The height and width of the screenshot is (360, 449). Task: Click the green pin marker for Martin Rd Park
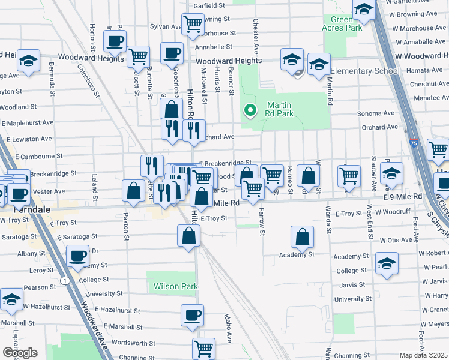pos(249,110)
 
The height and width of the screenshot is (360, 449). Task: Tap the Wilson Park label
pos(175,286)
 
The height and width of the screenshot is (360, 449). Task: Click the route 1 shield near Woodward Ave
pos(64,280)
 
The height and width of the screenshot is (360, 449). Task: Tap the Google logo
pos(20,353)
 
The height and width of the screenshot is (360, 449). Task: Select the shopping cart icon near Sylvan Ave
pos(192,24)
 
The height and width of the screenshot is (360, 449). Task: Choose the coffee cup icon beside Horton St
pos(115,41)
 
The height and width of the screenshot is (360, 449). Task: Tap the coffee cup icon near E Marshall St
pos(192,315)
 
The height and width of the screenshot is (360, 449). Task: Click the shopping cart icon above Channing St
pos(203,348)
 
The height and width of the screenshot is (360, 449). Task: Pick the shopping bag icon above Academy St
pos(302,237)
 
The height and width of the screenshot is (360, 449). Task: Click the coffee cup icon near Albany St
pos(77,256)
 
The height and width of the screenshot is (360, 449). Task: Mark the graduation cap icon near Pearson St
pos(11,299)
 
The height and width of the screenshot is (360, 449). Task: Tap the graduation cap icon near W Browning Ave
pos(363,10)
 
